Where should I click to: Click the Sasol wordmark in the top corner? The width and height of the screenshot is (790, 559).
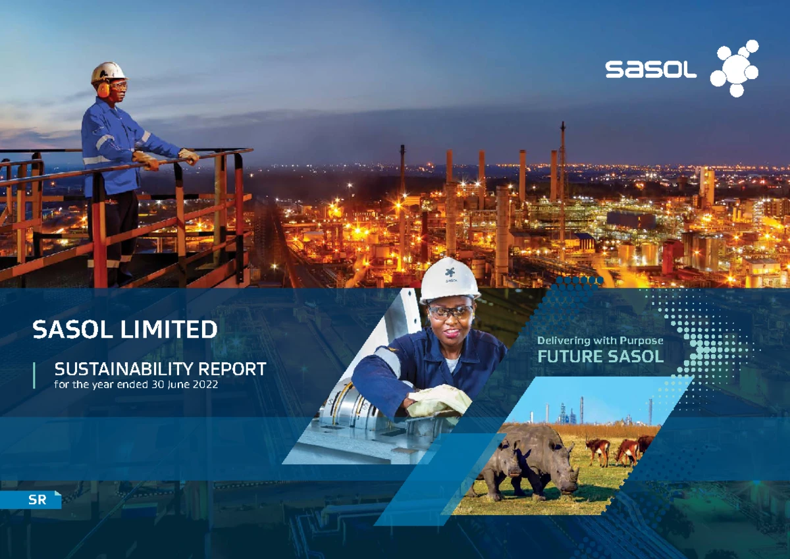click(650, 70)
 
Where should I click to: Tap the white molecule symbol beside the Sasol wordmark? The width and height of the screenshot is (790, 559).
click(735, 68)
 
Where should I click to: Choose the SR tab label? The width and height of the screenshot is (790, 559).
click(37, 500)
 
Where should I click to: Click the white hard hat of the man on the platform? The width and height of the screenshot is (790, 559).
click(108, 70)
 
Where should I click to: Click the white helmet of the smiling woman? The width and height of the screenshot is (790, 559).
click(449, 279)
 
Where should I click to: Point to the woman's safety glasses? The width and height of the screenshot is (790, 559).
click(451, 311)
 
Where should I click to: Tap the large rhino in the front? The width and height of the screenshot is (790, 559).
click(546, 458)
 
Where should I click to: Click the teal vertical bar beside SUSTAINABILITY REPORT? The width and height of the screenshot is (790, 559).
click(34, 376)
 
